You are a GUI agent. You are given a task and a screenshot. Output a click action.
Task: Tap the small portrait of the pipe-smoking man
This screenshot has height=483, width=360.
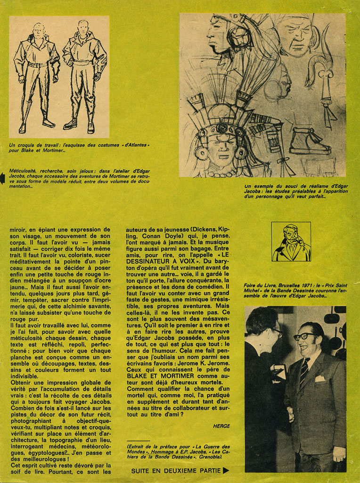click(x=291, y=241)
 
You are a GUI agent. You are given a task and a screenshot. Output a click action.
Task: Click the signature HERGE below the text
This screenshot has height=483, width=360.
click(x=221, y=426)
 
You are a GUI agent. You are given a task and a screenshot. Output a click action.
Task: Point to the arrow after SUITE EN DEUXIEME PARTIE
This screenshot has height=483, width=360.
click(x=226, y=470)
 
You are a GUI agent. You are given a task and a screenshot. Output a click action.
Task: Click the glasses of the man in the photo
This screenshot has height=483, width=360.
click(x=304, y=336)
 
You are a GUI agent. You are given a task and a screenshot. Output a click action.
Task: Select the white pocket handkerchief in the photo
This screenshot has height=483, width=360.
click(x=320, y=378)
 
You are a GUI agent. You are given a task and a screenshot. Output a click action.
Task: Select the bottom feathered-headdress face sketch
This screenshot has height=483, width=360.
click(x=221, y=142)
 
